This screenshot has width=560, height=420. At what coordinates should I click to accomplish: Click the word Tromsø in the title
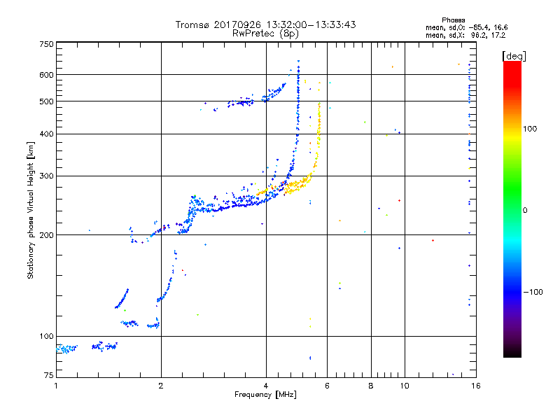tap(191, 25)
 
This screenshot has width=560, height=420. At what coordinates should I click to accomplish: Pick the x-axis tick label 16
tap(475, 385)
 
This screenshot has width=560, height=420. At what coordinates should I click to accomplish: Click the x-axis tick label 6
tap(327, 385)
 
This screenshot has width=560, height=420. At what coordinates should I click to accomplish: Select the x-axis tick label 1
tap(56, 385)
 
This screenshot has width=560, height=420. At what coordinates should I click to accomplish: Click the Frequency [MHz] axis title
tap(265, 395)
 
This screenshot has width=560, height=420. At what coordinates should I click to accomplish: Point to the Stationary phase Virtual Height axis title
tap(31, 209)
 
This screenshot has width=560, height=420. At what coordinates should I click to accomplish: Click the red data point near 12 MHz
tap(433, 240)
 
